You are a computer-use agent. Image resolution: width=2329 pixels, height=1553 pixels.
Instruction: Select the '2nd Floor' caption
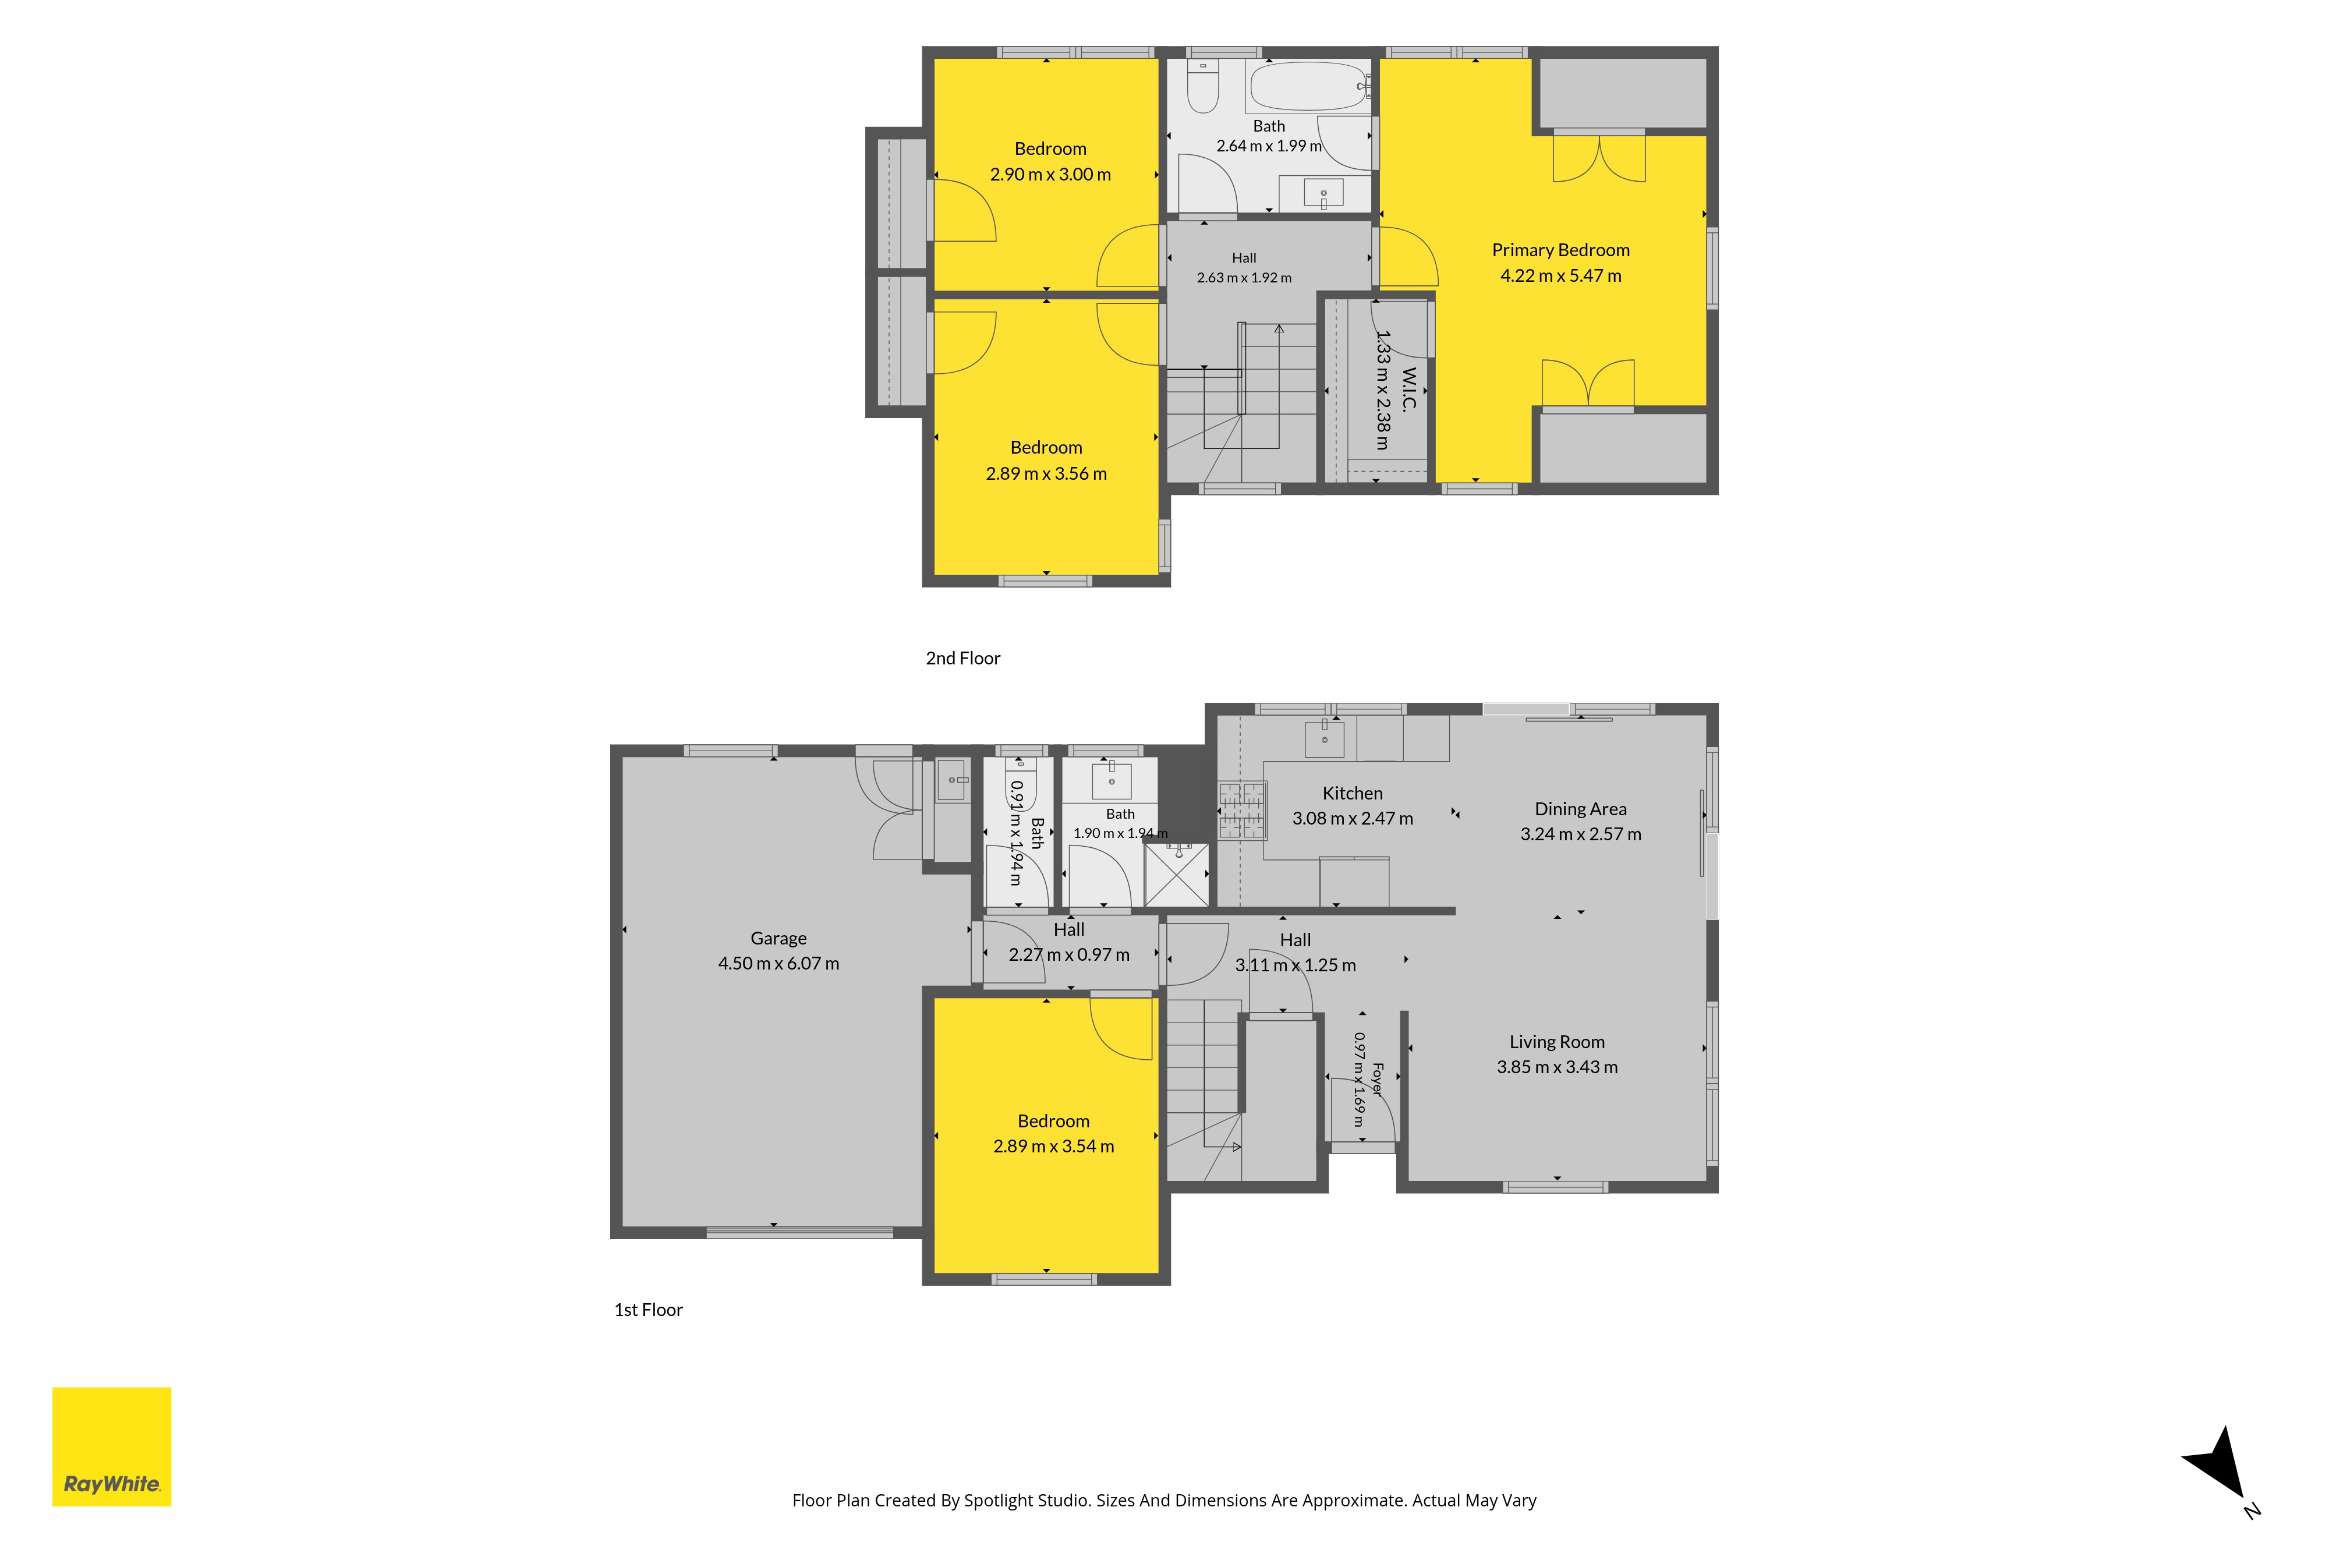(962, 659)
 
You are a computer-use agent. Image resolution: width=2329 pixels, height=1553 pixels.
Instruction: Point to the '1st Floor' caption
(649, 1310)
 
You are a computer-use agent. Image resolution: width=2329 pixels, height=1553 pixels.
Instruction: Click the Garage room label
(778, 938)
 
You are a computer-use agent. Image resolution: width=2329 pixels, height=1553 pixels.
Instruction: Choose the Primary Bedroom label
(1560, 250)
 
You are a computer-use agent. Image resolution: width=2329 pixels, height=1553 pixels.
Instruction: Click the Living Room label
(1556, 1042)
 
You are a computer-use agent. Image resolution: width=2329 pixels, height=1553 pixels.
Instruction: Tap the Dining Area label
(1580, 809)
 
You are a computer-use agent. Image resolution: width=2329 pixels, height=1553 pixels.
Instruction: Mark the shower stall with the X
(1176, 875)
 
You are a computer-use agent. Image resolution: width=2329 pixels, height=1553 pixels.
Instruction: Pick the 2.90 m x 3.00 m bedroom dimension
(1050, 174)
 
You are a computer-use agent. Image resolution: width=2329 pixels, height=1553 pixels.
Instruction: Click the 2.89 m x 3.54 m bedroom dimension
(1054, 1146)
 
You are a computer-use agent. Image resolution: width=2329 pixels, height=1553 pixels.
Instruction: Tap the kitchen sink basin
(1324, 738)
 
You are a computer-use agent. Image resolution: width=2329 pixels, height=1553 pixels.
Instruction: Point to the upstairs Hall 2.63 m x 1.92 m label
(1244, 267)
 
